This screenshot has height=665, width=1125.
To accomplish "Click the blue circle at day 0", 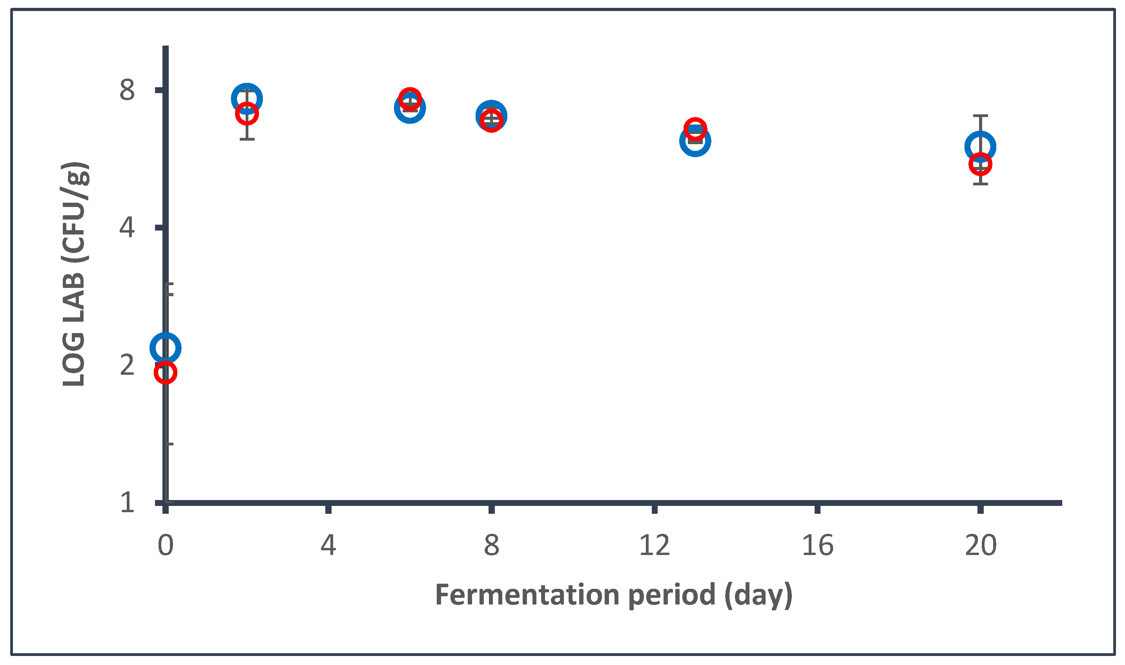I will (x=165, y=348).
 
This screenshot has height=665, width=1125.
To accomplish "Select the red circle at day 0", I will (x=165, y=372).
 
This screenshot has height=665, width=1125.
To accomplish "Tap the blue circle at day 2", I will (x=247, y=98).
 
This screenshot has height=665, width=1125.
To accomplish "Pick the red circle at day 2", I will (x=247, y=114).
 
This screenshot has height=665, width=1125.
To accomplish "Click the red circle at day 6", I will (x=410, y=99).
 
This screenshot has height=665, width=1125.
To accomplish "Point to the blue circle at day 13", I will (x=695, y=141).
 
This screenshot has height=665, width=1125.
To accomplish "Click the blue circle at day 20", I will (x=980, y=146).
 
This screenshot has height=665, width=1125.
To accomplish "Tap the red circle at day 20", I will (x=980, y=164).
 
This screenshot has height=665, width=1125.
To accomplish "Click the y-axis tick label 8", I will (x=127, y=90).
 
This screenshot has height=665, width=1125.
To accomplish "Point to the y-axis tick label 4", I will (x=127, y=228).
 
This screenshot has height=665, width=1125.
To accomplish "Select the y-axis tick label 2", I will (x=127, y=365).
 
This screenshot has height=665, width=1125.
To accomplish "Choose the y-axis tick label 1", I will (x=127, y=503).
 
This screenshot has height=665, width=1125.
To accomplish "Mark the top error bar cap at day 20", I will (x=980, y=115).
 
